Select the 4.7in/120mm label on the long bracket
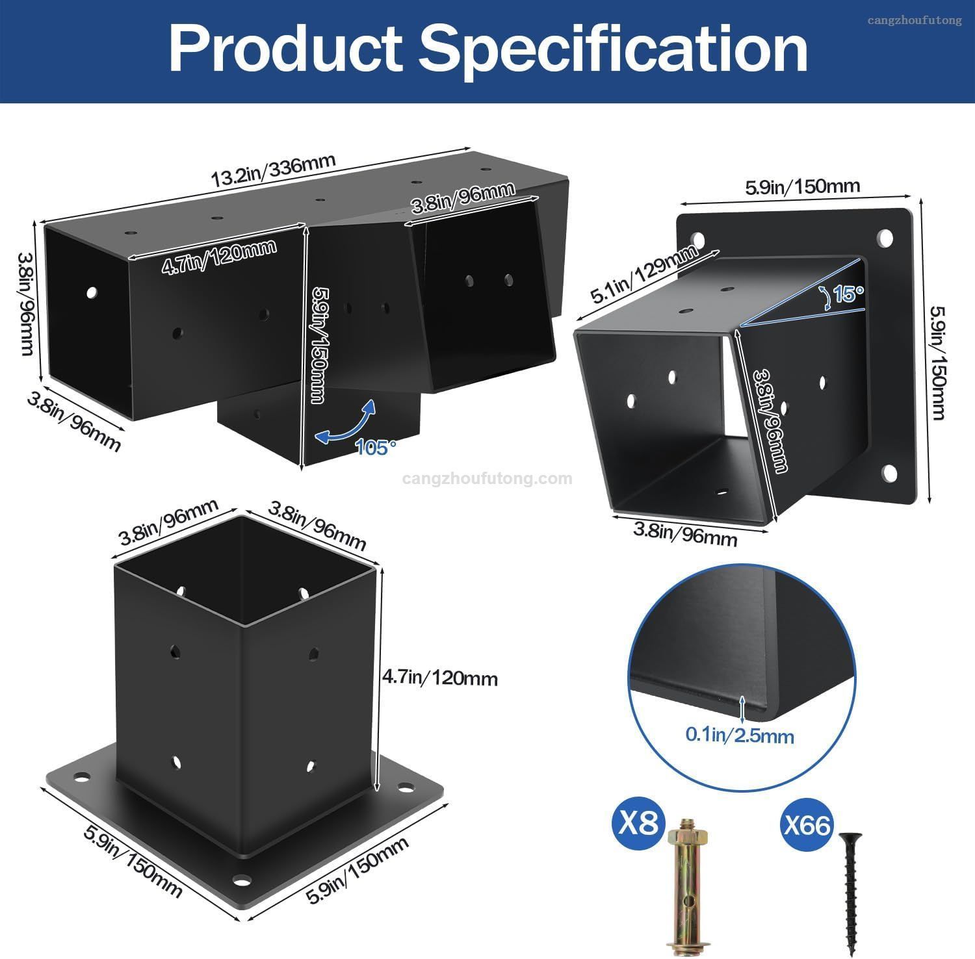219,257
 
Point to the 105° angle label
376,447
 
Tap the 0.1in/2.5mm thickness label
740,735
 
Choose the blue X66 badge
806,825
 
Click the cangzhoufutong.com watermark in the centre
487,479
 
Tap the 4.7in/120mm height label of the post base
439,678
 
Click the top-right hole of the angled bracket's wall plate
885,238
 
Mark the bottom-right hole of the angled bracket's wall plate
889,472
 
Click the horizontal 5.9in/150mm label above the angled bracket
802,186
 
